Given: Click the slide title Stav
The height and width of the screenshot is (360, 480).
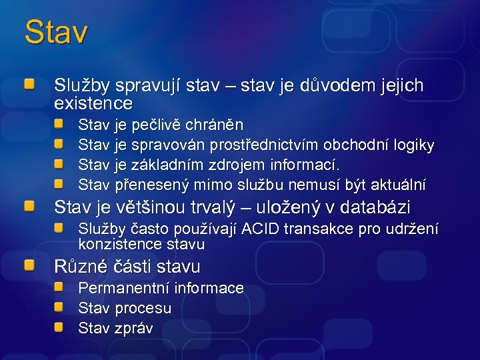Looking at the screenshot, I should tap(56, 32).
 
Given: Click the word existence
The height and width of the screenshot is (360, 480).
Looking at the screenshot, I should tap(93, 104).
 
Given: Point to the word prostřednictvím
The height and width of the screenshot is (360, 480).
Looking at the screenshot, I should tap(265, 145).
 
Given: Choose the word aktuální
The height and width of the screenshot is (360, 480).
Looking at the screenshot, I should tap(398, 184).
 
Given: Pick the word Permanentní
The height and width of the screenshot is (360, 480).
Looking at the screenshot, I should tap(124, 288).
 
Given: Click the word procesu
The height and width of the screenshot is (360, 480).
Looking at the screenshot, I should tap(143, 308).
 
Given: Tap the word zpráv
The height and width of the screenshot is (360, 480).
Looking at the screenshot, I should tap(134, 328).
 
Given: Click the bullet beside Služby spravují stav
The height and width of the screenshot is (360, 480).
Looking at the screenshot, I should tap(29, 85).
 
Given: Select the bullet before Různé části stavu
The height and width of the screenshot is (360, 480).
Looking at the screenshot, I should tap(29, 266).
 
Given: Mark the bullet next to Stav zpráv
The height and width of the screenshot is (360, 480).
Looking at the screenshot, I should tap(59, 327).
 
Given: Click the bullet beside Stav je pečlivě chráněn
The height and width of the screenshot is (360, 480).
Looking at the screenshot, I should tap(59, 124).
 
